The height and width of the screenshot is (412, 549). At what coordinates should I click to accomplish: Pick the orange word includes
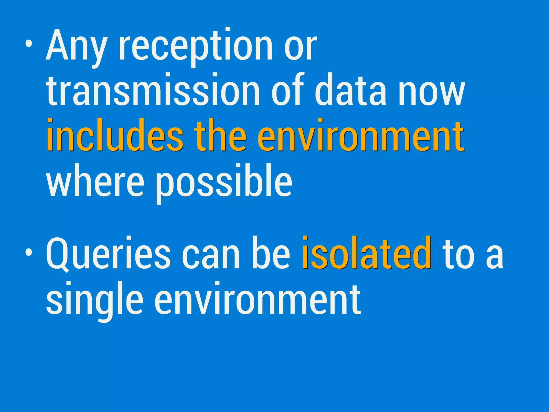[x=115, y=135]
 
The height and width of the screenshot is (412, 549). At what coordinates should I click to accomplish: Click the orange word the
[x=220, y=135]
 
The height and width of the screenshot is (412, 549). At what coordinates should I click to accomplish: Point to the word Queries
[x=108, y=253]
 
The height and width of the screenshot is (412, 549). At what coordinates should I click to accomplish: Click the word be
[x=271, y=253]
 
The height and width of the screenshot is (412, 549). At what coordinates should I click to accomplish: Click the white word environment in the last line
[x=257, y=299]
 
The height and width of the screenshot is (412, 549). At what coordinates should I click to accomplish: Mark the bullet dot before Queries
[x=28, y=252]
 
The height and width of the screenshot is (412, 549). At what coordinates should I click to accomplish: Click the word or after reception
[x=300, y=48]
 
